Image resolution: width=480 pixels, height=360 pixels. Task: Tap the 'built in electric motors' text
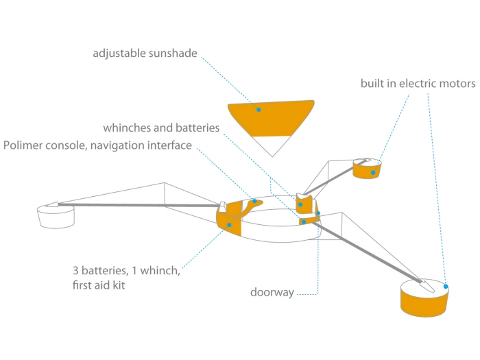coord(418,84)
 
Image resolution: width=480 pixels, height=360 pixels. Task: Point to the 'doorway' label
coord(272,293)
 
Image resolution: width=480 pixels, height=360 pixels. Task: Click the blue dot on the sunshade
coord(259,109)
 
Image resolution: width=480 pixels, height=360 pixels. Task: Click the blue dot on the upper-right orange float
coord(373,172)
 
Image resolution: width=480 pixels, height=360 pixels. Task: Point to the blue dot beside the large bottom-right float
coord(446,287)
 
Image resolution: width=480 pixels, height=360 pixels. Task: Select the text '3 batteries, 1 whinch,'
coord(126,270)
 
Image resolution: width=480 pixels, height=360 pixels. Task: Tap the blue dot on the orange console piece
coord(254,202)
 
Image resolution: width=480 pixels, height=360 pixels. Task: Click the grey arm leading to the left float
coord(137,204)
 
